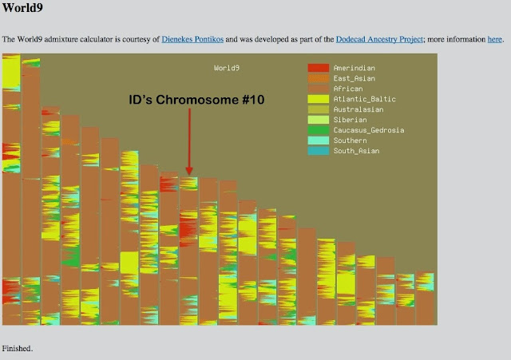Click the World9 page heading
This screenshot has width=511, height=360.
pyautogui.click(x=22, y=10)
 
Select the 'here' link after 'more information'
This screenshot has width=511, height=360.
pyautogui.click(x=494, y=39)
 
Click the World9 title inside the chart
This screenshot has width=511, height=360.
pyautogui.click(x=226, y=69)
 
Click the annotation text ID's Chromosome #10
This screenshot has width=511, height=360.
pyautogui.click(x=196, y=100)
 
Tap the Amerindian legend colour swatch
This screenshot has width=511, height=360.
pyautogui.click(x=318, y=69)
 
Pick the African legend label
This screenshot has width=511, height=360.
pyautogui.click(x=348, y=89)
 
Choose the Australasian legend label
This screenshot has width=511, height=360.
pyautogui.click(x=358, y=109)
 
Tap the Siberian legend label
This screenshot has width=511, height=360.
pyautogui.click(x=350, y=120)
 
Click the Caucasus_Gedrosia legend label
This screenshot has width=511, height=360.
pyautogui.click(x=368, y=130)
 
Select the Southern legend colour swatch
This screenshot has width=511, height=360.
pyautogui.click(x=318, y=140)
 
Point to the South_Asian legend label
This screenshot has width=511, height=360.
pyautogui.click(x=356, y=151)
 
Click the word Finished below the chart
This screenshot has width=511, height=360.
pyautogui.click(x=18, y=349)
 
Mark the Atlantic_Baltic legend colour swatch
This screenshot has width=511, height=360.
pyautogui.click(x=318, y=100)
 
